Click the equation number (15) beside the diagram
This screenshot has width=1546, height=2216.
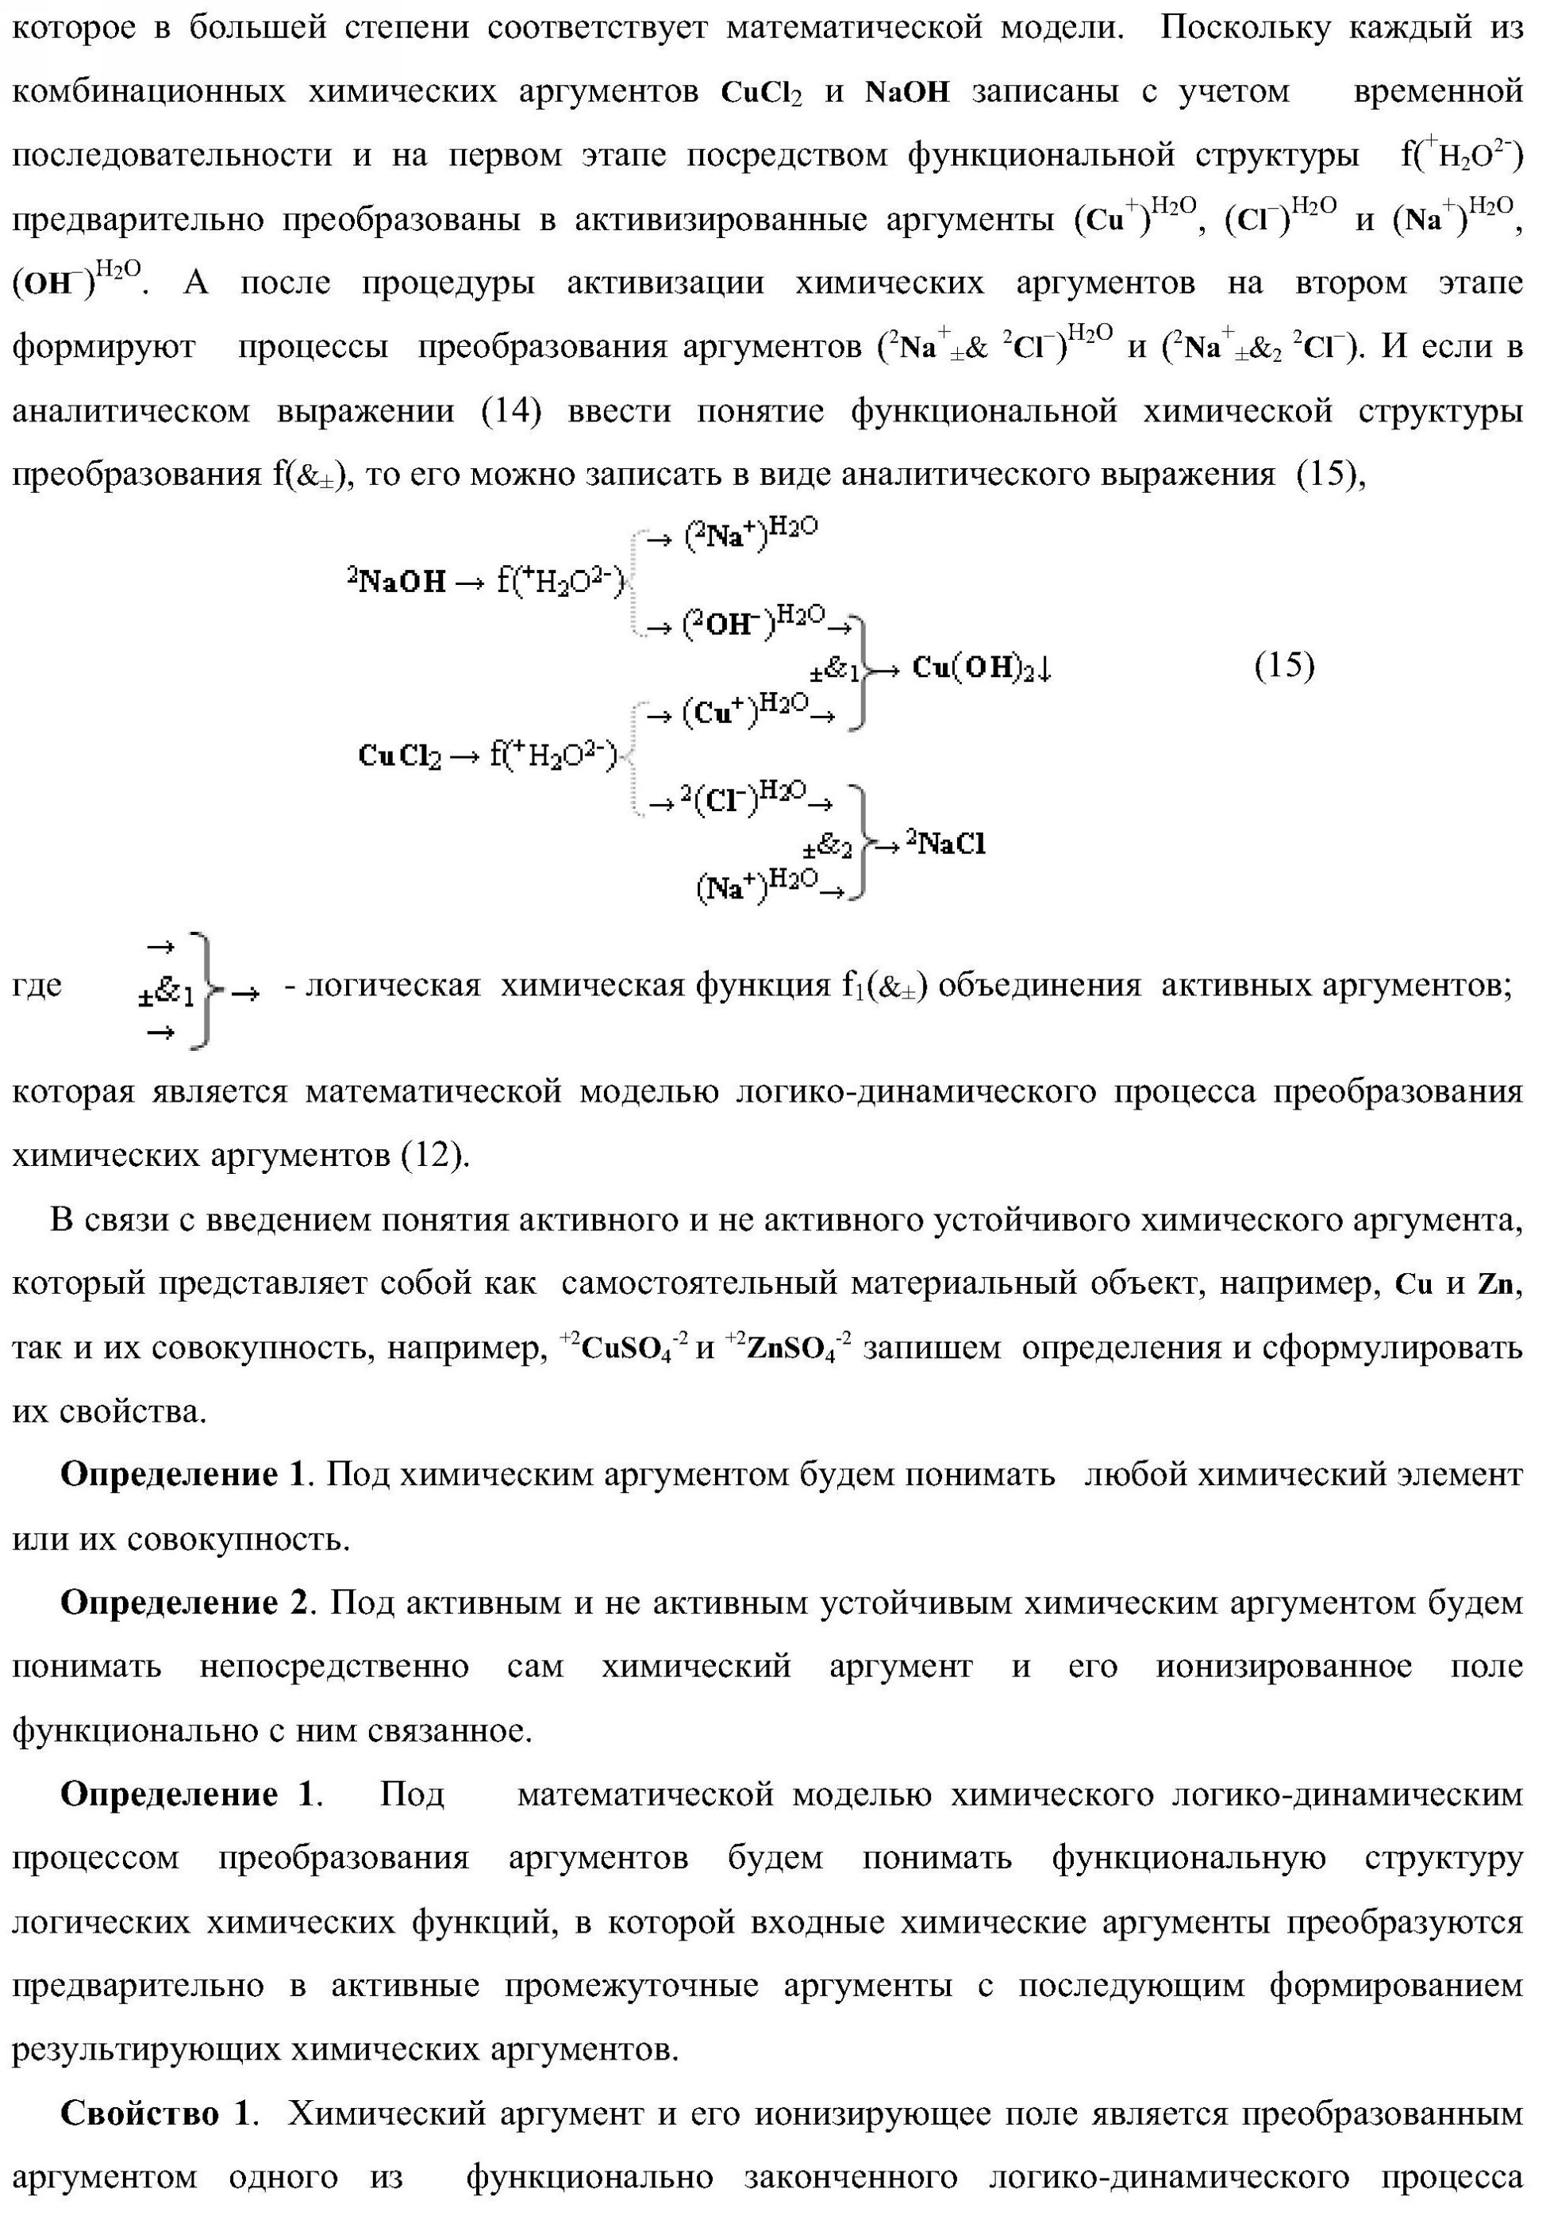[x=1283, y=665]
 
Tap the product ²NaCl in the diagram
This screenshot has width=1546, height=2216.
[x=946, y=844]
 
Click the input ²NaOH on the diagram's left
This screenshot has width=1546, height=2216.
[x=398, y=580]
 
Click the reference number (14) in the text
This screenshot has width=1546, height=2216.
[x=510, y=411]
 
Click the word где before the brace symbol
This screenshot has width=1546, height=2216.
[x=37, y=986]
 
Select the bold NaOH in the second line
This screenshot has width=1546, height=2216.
[x=907, y=92]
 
